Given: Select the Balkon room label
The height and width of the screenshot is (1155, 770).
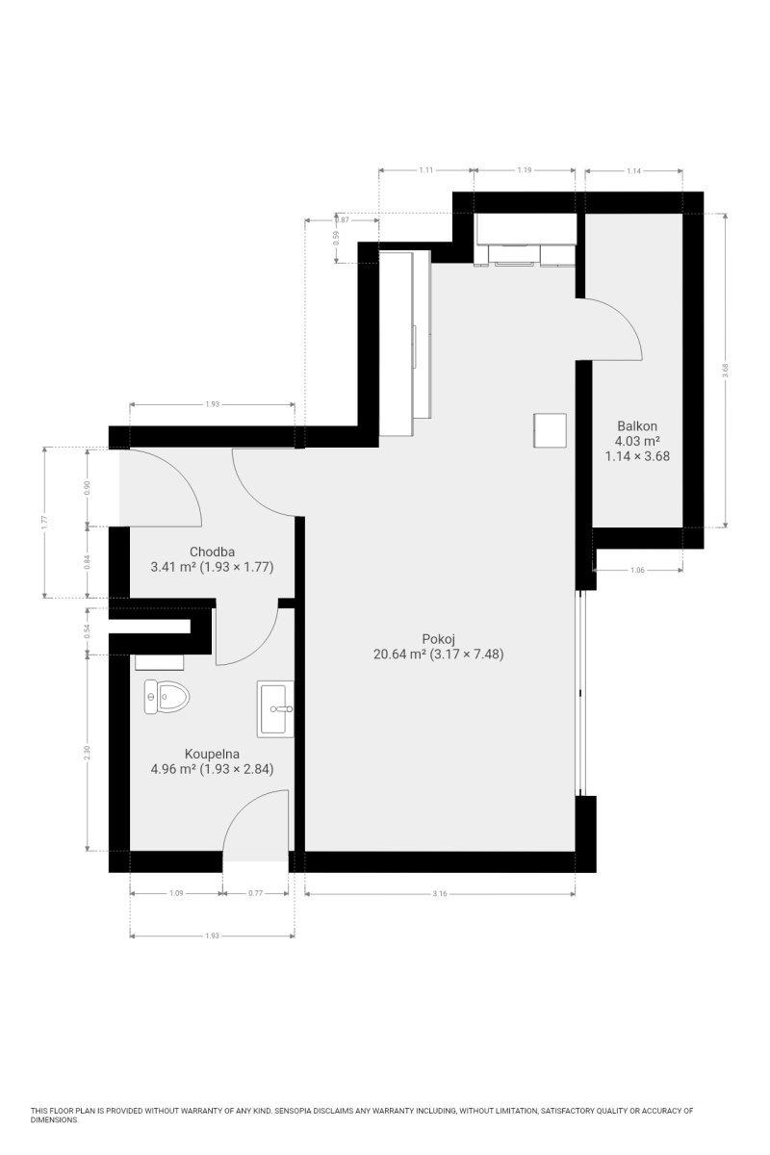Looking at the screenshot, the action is coord(637,425).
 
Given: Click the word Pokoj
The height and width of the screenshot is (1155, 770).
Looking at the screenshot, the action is coord(438,639).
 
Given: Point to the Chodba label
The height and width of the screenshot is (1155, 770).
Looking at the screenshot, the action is coord(212,552).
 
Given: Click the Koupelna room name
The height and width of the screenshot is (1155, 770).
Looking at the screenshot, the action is coord(212,754).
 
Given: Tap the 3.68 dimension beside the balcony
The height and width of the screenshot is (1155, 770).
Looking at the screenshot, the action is coord(725,370).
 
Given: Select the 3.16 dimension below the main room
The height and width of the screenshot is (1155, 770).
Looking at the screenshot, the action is coord(440,893).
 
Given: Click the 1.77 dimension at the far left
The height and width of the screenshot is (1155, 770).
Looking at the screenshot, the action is coord(45,523).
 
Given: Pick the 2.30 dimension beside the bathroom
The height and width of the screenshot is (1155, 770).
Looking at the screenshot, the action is coord(88,753).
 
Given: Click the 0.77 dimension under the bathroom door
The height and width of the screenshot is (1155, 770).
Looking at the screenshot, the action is coord(255,893).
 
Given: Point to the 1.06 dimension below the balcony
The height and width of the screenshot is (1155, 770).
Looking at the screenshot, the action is coord(637,570).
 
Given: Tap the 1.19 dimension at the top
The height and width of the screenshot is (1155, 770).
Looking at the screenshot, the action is coord(524,169).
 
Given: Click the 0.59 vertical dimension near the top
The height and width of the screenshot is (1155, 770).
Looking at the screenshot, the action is coord(336,237).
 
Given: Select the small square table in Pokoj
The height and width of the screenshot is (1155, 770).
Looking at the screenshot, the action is coord(550,430).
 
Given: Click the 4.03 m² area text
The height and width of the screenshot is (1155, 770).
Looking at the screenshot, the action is coord(637,441).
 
